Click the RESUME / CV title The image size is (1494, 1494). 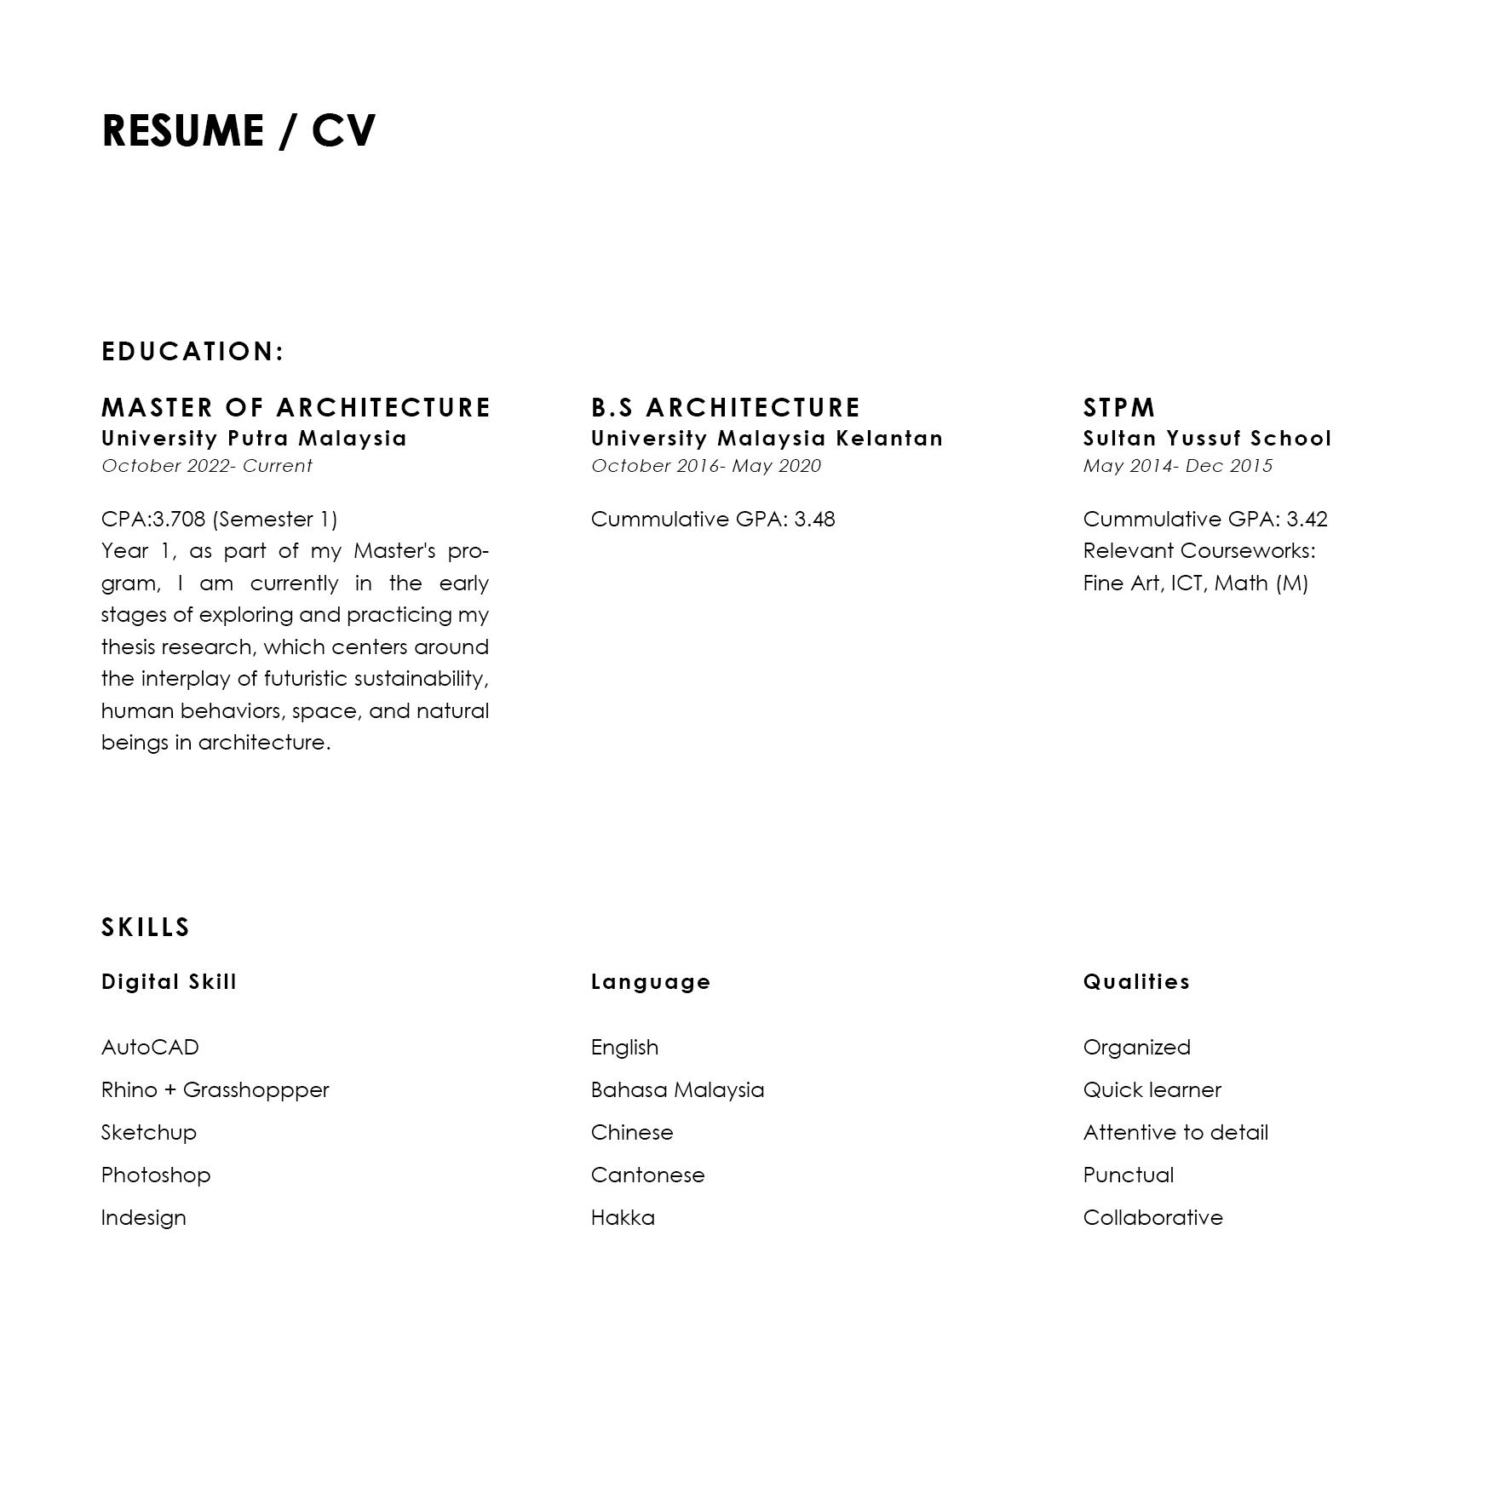tap(238, 131)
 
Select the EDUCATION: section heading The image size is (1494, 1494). tap(192, 351)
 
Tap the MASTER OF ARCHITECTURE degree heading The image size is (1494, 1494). tap(296, 408)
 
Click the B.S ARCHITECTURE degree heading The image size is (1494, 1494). tap(726, 408)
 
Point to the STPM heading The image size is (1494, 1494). tap(1119, 408)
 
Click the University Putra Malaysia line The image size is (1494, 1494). tap(254, 439)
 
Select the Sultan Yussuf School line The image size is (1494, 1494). tap(1207, 439)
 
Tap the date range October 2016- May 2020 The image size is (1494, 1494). tap(706, 466)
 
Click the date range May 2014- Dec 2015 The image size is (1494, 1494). tap(1177, 466)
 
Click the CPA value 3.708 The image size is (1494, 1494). tap(179, 520)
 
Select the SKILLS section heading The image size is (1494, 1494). tap(146, 927)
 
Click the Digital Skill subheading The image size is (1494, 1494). tap(169, 982)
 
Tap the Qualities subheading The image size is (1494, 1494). tap(1136, 982)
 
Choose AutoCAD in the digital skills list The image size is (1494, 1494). tap(150, 1048)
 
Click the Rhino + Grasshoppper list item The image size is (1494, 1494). tap(215, 1090)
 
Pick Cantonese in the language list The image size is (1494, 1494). tap(647, 1175)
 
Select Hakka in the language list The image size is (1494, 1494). tap(623, 1218)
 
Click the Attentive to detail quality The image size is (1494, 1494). tap(1175, 1133)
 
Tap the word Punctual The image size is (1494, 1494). tap(1128, 1175)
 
